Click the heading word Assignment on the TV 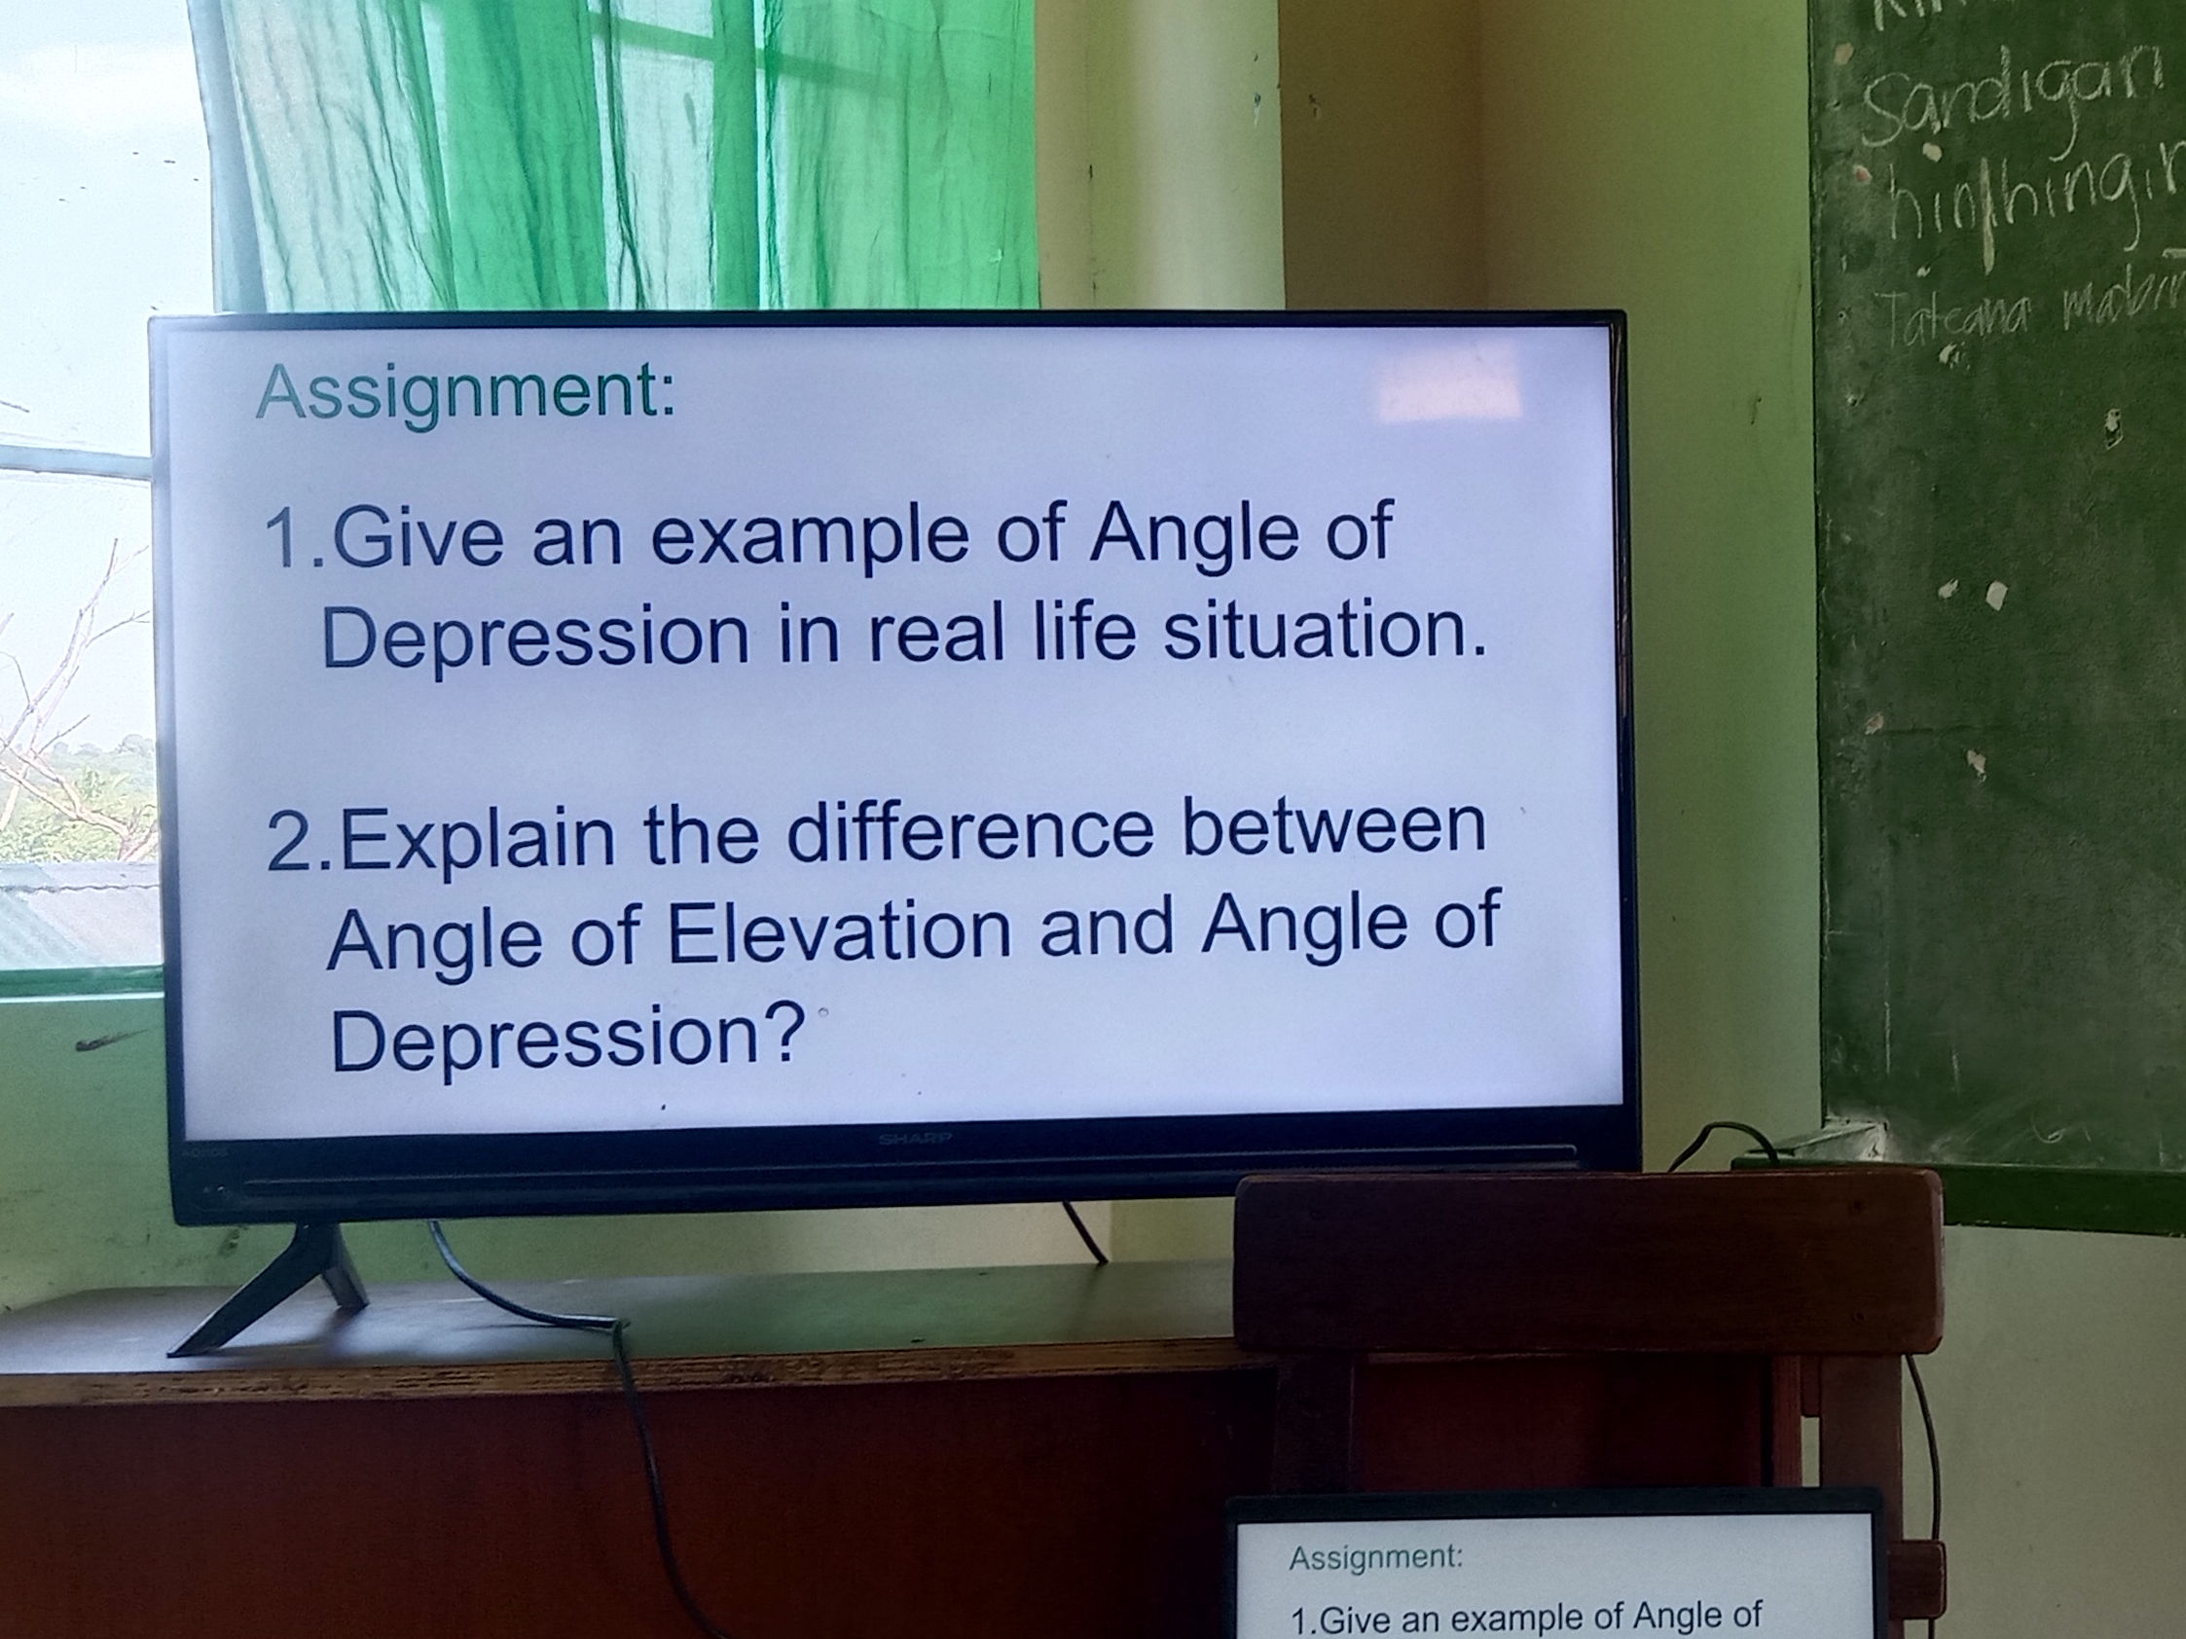pyautogui.click(x=464, y=394)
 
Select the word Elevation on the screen pyautogui.click(x=840, y=932)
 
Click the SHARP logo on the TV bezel pyautogui.click(x=914, y=1139)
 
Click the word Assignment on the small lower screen pyautogui.click(x=1374, y=1558)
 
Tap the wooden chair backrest pyautogui.click(x=1582, y=1259)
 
